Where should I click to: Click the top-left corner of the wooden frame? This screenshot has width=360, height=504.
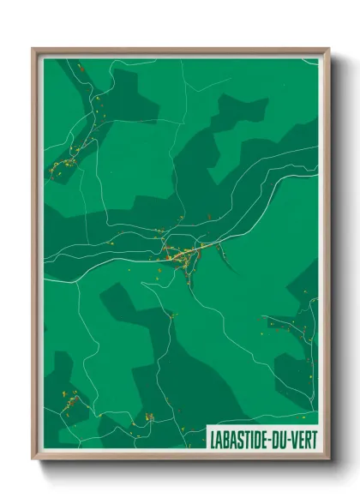click(x=33, y=50)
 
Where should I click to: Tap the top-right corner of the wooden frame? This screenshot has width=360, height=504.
click(x=327, y=50)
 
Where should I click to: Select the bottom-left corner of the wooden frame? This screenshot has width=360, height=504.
click(x=33, y=459)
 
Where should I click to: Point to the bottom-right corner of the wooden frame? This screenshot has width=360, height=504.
click(x=327, y=459)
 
